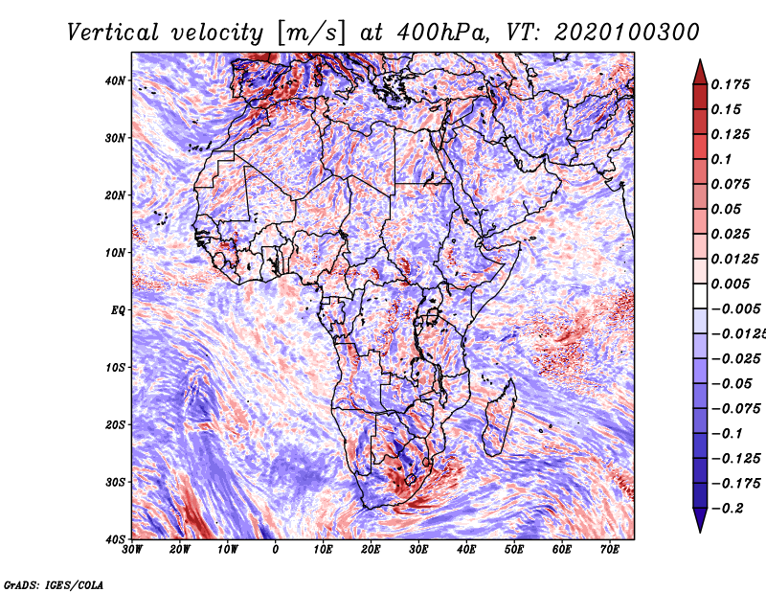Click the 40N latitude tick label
(x=115, y=80)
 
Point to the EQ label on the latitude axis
(x=118, y=310)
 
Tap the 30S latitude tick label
(x=115, y=482)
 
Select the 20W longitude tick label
(x=180, y=550)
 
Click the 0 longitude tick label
(x=276, y=550)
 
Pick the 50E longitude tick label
(x=514, y=550)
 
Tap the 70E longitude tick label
(x=610, y=550)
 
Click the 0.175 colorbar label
(x=730, y=84)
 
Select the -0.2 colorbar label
(x=727, y=508)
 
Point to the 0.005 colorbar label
(x=730, y=284)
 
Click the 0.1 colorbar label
(x=721, y=159)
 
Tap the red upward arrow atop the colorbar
(x=700, y=72)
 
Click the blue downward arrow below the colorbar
(x=700, y=520)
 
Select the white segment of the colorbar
(x=700, y=296)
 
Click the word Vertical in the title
(x=112, y=33)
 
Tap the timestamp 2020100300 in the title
(x=627, y=33)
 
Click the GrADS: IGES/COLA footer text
(x=54, y=584)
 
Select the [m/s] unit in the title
(x=310, y=34)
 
